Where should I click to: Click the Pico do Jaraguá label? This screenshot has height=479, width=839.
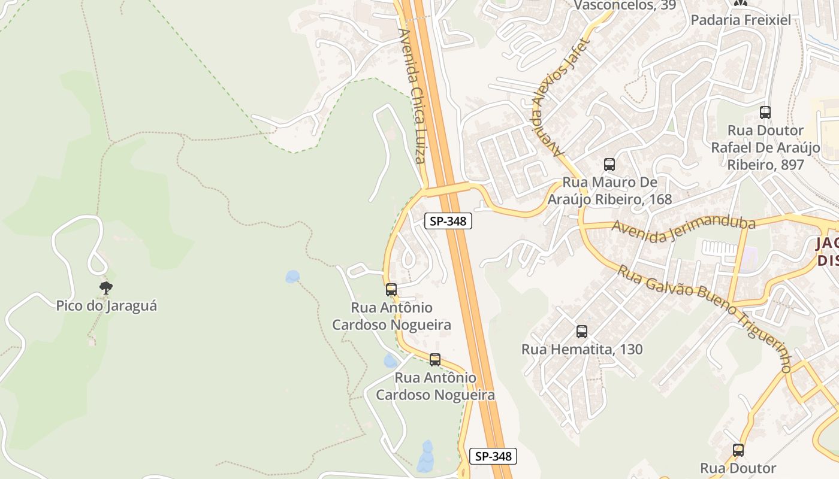[x=107, y=305]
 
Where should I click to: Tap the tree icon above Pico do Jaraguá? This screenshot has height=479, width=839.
[x=106, y=288]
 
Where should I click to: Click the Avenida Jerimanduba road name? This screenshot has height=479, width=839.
[x=683, y=231]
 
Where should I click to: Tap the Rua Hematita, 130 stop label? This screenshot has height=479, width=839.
[x=582, y=349]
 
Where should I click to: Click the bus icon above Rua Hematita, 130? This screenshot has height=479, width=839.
[x=581, y=332]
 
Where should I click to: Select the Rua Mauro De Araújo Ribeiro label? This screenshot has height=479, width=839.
[x=609, y=190]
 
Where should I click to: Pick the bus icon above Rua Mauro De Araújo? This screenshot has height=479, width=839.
[x=609, y=165]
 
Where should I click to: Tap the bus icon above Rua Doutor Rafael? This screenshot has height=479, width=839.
[x=765, y=113]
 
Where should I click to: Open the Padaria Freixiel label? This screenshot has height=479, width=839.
[x=741, y=20]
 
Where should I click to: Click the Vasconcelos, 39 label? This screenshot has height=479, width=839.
[x=625, y=5]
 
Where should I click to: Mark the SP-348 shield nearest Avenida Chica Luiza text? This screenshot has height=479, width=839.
[x=448, y=221]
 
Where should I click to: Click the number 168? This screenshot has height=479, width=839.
[x=660, y=199]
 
